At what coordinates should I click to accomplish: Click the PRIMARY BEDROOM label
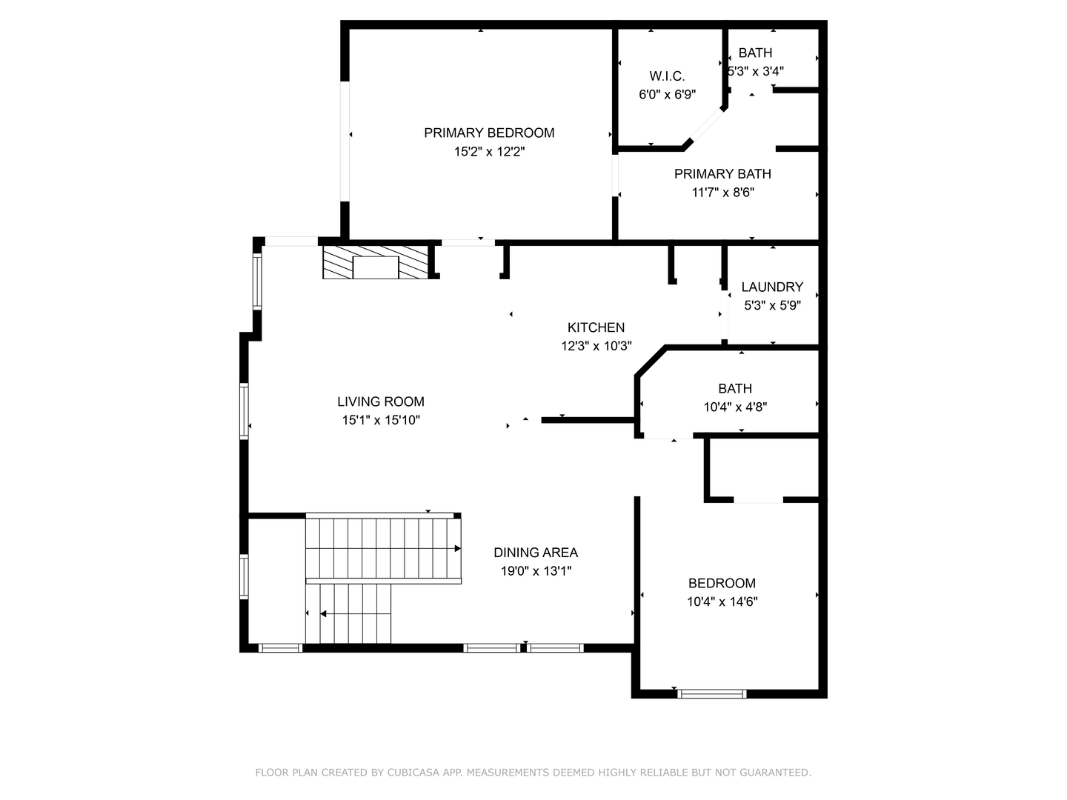[x=489, y=133]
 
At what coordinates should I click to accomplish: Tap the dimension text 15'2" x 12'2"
[x=489, y=152]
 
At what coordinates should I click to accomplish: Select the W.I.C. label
[x=667, y=76]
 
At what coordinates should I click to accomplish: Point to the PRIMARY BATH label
[x=722, y=173]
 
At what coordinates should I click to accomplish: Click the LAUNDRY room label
[x=772, y=287]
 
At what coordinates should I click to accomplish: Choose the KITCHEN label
[x=596, y=327]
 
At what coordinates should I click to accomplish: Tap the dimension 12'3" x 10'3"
[x=596, y=346]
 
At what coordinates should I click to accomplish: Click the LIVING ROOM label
[x=381, y=401]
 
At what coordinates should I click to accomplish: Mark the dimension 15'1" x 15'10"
[x=381, y=420]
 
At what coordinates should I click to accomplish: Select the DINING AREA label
[x=536, y=553]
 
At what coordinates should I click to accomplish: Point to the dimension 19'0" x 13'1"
[x=536, y=571]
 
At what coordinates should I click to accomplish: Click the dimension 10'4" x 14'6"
[x=722, y=601]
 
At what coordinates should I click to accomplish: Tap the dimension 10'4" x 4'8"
[x=735, y=407]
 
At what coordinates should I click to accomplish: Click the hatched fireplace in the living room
[x=376, y=262]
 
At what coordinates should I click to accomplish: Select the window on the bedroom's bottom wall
[x=712, y=694]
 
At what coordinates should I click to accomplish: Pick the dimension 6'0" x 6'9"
[x=667, y=95]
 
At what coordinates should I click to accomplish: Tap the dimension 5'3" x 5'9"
[x=772, y=305]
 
